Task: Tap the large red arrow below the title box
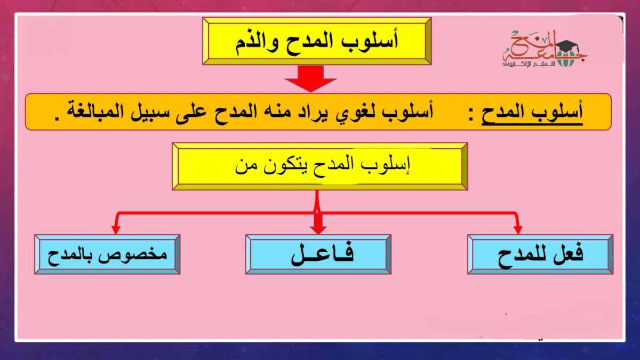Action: point(310,78)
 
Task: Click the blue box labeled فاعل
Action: point(318,254)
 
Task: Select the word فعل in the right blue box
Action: point(566,254)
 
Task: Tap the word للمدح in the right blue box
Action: point(517,254)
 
